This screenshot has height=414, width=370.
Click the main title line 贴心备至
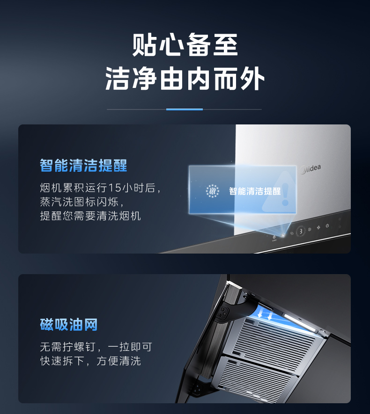pos(185,44)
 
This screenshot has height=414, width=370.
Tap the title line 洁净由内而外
pos(185,78)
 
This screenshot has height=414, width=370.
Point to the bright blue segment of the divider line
pos(185,109)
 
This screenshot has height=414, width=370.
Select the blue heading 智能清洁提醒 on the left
pos(83,166)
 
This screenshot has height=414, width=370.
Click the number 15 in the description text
pos(114,188)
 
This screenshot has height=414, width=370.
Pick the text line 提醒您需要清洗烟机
pos(90,216)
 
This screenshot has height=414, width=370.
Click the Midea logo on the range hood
pos(311,169)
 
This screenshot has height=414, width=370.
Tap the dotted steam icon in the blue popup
pos(213,191)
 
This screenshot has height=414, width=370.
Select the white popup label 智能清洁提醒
pos(255,191)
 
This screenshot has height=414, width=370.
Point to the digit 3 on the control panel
pos(301,232)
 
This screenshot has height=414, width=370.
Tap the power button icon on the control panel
pos(327,226)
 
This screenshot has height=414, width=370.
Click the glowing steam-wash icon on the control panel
pos(283,235)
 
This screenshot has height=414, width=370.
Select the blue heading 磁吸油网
pos(69,325)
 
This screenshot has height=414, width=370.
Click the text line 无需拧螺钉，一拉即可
pos(96,347)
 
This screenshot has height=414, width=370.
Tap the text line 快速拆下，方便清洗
pos(90,361)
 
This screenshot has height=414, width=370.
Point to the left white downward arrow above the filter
pos(260,313)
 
